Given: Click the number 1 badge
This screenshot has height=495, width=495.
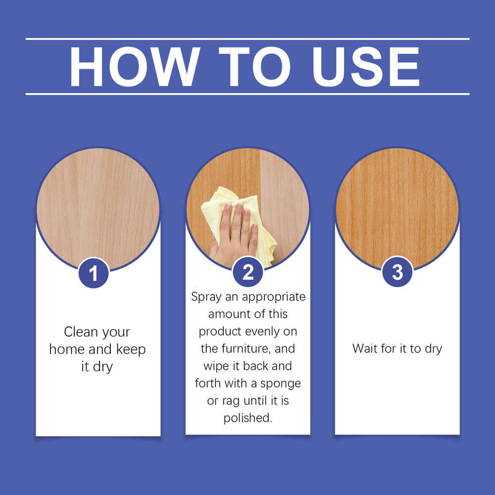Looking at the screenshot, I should pos(94,273).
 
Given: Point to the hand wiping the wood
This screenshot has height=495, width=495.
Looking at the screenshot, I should pos(236,233).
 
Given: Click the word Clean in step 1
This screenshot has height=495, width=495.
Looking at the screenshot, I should pos(80,332).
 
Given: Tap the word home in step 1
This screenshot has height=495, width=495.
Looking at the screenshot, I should pos(67,349).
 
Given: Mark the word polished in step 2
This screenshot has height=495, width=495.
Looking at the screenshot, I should pos(247,418).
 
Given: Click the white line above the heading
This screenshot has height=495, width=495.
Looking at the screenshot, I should pos(247,39).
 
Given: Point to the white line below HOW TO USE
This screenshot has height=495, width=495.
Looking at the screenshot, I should pos(247,94).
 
